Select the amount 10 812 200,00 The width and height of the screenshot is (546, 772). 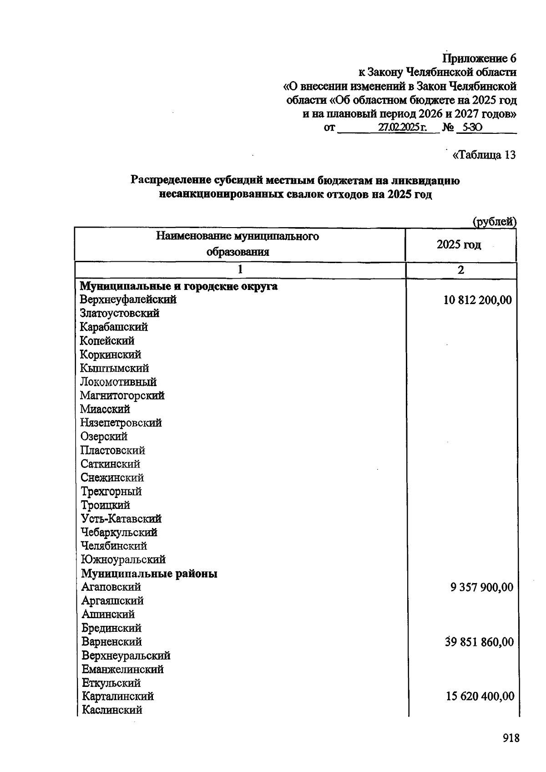click(x=478, y=300)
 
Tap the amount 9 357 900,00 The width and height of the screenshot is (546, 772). click(x=482, y=587)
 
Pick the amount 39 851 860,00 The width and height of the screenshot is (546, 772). click(x=479, y=642)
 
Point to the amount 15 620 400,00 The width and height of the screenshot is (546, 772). click(x=480, y=696)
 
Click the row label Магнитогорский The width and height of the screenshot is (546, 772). click(x=122, y=396)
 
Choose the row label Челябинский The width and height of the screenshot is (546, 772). click(x=114, y=546)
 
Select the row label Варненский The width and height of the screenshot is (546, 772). click(x=111, y=642)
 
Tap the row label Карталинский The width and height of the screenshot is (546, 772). click(x=117, y=696)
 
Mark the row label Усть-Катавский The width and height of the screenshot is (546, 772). click(x=121, y=519)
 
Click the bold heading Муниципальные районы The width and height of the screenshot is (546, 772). click(x=149, y=574)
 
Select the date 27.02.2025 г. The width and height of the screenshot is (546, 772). click(x=402, y=128)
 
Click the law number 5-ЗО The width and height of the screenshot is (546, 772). click(x=469, y=128)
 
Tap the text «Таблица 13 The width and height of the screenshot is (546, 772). click(x=484, y=155)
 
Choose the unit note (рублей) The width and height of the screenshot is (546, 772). click(x=495, y=222)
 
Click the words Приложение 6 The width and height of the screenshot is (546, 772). click(x=480, y=59)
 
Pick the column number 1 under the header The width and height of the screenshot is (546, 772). click(x=240, y=269)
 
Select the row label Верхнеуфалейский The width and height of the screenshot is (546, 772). click(x=128, y=300)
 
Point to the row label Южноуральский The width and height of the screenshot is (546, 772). click(x=123, y=559)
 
